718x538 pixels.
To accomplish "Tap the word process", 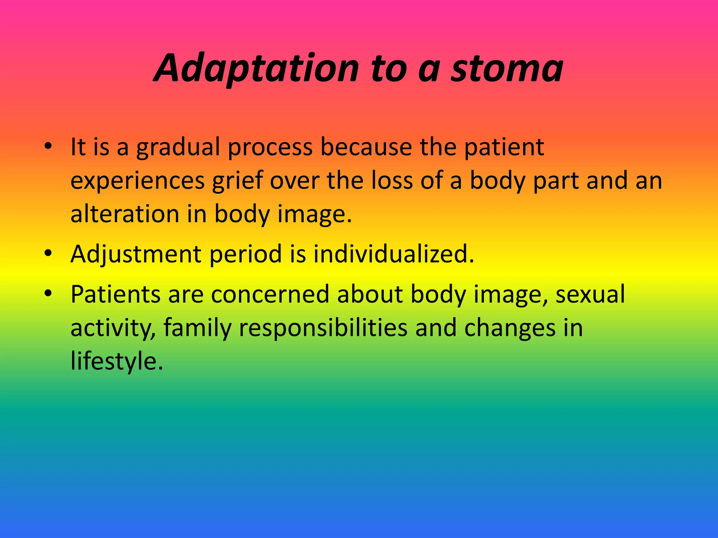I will tap(270, 147).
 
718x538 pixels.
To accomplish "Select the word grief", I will tap(237, 181).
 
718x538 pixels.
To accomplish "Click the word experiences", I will tap(138, 181).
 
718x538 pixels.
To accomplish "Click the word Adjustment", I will tap(136, 254).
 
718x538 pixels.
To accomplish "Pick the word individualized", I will tap(393, 254).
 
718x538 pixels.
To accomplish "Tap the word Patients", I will tap(115, 294).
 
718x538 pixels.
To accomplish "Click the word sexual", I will tap(590, 294).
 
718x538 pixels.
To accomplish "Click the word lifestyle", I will tap(116, 361).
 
